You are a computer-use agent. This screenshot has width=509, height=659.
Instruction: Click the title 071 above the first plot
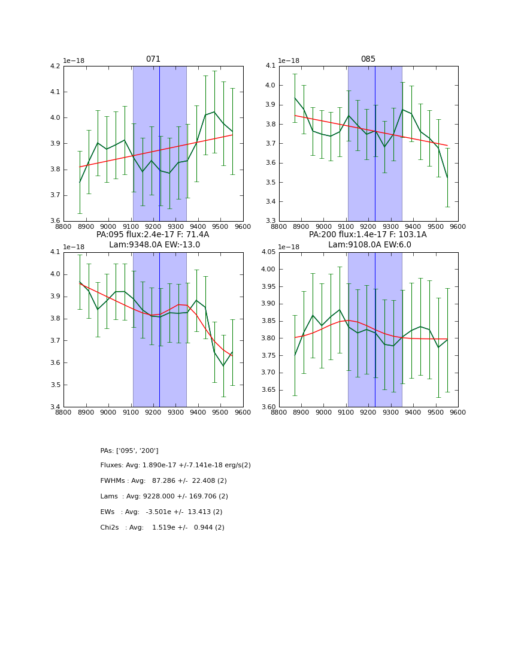pyautogui.click(x=153, y=59)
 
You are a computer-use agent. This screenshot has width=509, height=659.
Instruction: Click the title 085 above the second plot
pyautogui.click(x=368, y=59)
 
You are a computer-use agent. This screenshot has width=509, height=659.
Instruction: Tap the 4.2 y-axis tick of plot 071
pyautogui.click(x=54, y=66)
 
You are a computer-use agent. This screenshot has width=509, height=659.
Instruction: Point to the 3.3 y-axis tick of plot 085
pyautogui.click(x=269, y=221)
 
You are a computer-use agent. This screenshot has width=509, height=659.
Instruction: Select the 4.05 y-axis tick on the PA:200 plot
pyautogui.click(x=268, y=252)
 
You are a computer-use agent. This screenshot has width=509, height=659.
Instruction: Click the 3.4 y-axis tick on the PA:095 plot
pyautogui.click(x=54, y=407)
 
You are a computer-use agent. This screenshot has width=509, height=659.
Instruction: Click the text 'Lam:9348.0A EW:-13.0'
pyautogui.click(x=154, y=244)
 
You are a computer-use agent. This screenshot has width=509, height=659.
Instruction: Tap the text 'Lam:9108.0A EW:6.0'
pyautogui.click(x=369, y=244)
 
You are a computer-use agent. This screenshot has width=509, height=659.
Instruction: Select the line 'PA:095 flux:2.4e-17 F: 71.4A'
pyautogui.click(x=153, y=235)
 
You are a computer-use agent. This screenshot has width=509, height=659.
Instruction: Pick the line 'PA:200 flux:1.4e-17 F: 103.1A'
pyautogui.click(x=368, y=235)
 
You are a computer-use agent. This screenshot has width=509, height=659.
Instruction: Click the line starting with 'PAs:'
pyautogui.click(x=129, y=451)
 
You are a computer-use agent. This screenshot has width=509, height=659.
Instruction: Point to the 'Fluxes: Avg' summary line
pyautogui.click(x=175, y=465)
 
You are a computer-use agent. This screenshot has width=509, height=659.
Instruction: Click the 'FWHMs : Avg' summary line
pyautogui.click(x=163, y=481)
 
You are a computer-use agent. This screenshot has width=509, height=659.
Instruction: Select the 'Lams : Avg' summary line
pyautogui.click(x=164, y=497)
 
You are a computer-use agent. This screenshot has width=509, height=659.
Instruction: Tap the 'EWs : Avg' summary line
pyautogui.click(x=161, y=512)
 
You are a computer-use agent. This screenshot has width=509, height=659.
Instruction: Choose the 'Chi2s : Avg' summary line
pyautogui.click(x=162, y=528)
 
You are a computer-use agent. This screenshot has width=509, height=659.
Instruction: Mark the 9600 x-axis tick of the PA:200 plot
pyautogui.click(x=458, y=412)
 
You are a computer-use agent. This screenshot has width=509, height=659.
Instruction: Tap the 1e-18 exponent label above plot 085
pyautogui.click(x=289, y=61)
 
